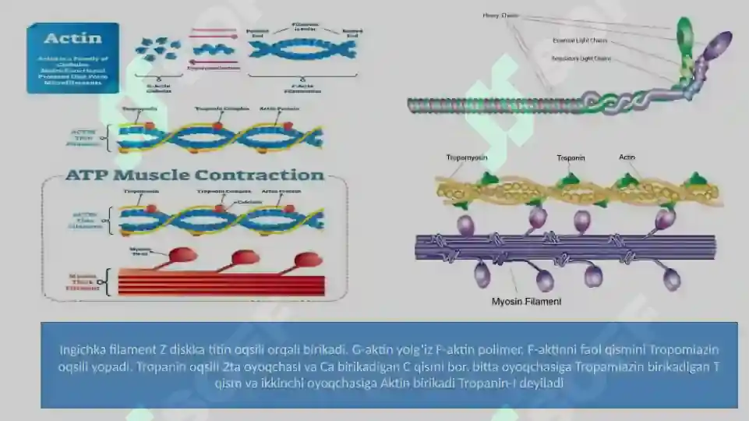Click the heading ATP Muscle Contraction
point(194,175)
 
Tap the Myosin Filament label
point(526,301)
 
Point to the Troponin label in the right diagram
point(571,158)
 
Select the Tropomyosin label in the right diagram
point(467,158)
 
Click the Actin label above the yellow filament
point(627,157)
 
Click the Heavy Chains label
point(500,15)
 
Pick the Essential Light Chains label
point(580,41)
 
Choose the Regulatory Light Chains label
point(581,58)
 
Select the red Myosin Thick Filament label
point(83,281)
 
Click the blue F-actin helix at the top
point(302,49)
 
